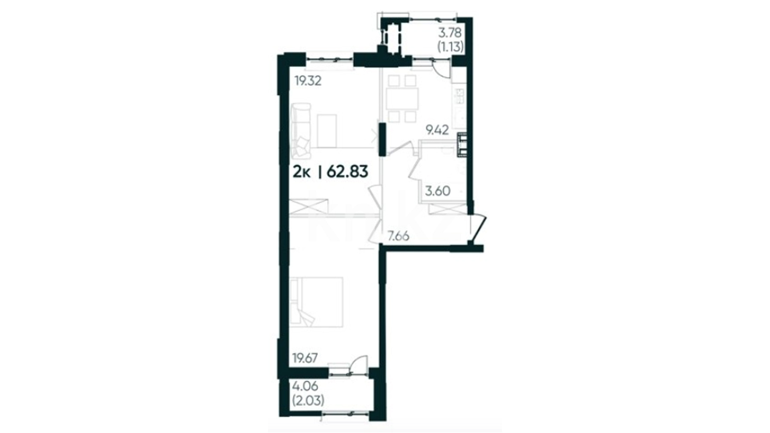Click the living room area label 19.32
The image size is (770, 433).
[308, 81]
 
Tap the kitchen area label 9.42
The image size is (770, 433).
[437, 130]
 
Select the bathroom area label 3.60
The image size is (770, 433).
[438, 191]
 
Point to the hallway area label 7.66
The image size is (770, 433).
[398, 237]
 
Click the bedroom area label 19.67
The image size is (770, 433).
[305, 358]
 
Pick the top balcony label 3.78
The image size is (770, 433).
[450, 32]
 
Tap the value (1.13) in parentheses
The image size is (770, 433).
[450, 47]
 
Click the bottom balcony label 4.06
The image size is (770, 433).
[305, 386]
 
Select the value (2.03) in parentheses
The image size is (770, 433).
[308, 400]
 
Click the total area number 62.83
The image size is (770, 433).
[347, 172]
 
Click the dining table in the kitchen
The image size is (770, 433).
[402, 98]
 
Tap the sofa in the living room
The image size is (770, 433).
[301, 130]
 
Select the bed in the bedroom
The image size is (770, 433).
[316, 301]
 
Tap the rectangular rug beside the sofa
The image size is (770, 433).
[326, 131]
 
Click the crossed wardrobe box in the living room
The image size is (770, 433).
[308, 206]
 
